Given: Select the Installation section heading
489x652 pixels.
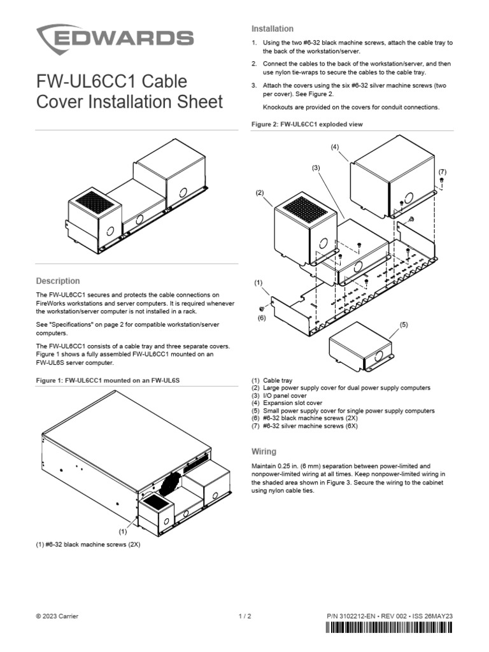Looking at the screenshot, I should pyautogui.click(x=272, y=29).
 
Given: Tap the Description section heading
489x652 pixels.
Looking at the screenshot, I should pyautogui.click(x=58, y=281).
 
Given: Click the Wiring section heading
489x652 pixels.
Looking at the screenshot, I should pyautogui.click(x=264, y=451).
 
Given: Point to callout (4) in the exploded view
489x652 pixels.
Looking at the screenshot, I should pyautogui.click(x=335, y=147).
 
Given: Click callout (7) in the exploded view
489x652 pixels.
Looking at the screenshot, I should pyautogui.click(x=443, y=172).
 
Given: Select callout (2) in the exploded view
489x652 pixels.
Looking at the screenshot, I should pyautogui.click(x=260, y=192).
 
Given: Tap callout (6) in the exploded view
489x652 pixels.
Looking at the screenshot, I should pyautogui.click(x=261, y=318).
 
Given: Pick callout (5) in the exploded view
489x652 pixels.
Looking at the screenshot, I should pyautogui.click(x=403, y=325).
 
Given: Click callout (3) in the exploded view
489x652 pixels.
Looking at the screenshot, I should pyautogui.click(x=315, y=167).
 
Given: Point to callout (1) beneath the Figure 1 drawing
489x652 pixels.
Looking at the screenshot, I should pyautogui.click(x=124, y=530).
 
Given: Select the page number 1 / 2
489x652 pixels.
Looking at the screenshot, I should pyautogui.click(x=244, y=616).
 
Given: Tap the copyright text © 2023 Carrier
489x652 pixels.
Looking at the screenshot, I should pyautogui.click(x=57, y=616).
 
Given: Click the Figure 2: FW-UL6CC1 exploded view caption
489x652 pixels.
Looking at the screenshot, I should pyautogui.click(x=307, y=124).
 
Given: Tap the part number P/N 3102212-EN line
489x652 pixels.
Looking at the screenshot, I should pyautogui.click(x=388, y=616).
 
